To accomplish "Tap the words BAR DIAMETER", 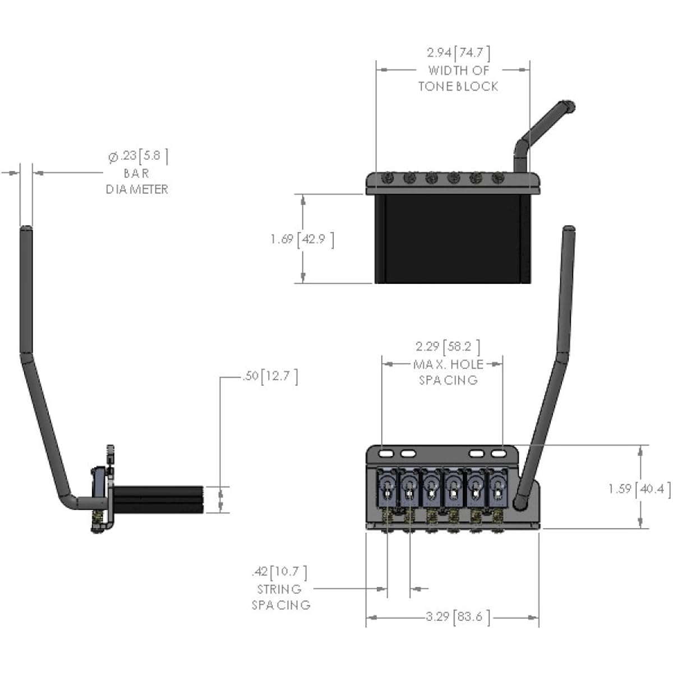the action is (136, 181).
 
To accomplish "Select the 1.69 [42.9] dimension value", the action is (302, 239).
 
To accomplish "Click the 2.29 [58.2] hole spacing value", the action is (448, 347).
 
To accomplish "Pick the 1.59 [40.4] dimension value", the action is (639, 488).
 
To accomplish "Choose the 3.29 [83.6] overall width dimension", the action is (458, 617).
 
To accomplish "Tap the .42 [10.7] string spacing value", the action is (279, 572).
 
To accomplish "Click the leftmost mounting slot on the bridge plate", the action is (386, 454).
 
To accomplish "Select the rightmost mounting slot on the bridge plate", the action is (499, 454).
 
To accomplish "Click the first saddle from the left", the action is (386, 487).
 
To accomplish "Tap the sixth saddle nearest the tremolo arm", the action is (497, 487).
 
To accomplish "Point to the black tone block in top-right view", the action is (453, 238).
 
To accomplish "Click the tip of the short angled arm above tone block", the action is (569, 105).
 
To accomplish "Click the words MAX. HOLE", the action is (449, 365).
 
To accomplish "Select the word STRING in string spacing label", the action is (279, 589).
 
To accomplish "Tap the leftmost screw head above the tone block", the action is (388, 178).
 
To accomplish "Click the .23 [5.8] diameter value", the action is (139, 156).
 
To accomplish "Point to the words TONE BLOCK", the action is (458, 86).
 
